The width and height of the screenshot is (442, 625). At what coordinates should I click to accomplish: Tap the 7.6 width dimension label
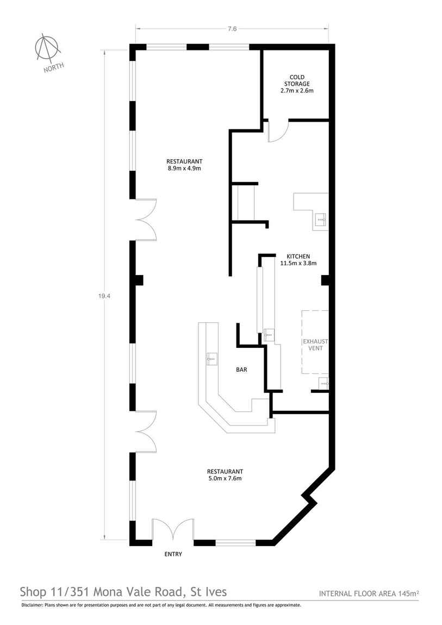point(232,29)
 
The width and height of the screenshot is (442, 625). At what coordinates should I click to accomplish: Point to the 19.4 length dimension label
point(102,296)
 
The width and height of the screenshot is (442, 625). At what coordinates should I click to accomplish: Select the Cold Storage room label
point(296,84)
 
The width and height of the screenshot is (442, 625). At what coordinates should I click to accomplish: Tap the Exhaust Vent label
point(315,345)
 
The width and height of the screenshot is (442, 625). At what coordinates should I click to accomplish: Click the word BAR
point(241,370)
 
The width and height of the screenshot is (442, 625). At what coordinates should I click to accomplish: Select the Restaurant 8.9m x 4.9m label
point(184,165)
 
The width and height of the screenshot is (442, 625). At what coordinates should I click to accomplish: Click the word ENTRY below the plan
point(173,554)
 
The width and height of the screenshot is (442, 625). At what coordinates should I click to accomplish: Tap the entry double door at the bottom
point(173,530)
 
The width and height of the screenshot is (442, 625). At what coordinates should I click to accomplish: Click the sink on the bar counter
point(212,358)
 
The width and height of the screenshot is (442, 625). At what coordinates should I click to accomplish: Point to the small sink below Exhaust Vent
point(324,383)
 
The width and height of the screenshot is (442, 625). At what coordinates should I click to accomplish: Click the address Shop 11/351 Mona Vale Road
point(123,591)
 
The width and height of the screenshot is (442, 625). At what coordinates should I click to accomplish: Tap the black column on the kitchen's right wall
point(326,280)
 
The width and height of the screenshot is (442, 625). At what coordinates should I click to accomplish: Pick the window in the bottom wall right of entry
point(235,542)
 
